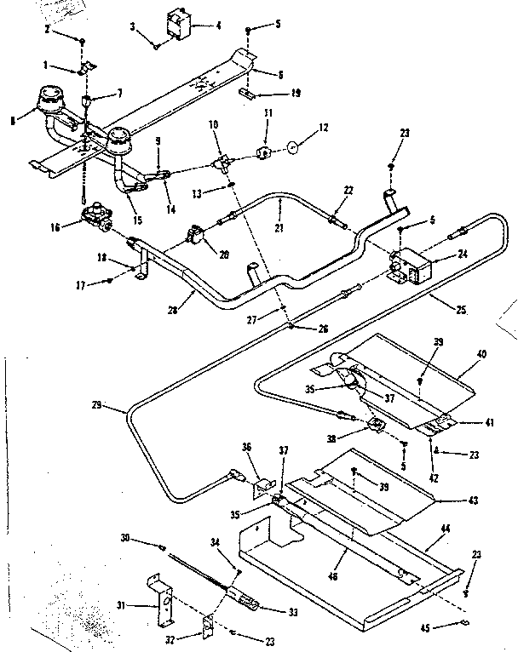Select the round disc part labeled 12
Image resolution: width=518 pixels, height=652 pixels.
pos(292,147)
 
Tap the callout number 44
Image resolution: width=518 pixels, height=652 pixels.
pos(444,527)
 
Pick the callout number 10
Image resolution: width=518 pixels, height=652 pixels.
pos(213,125)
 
